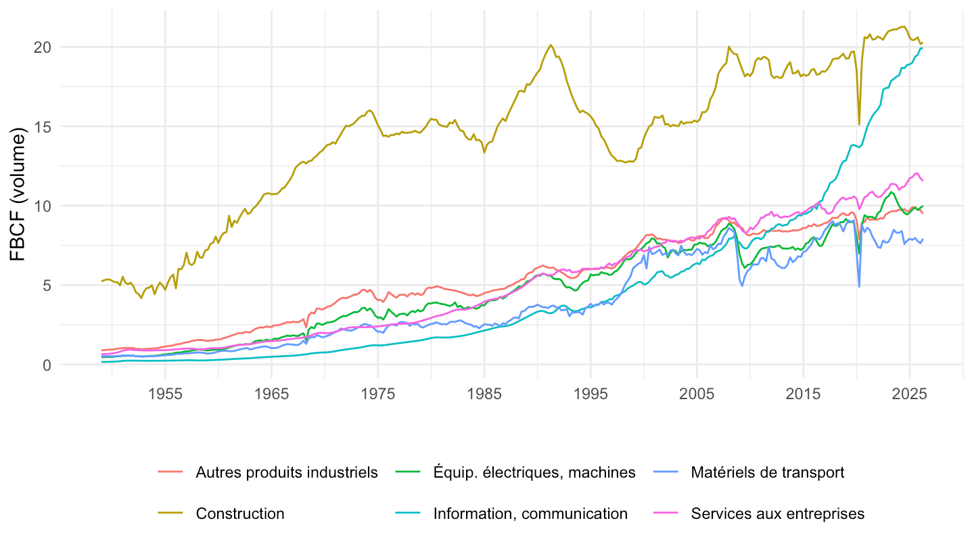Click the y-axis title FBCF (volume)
pyautogui.click(x=18, y=194)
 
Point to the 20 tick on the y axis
pyautogui.click(x=42, y=47)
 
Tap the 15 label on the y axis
pyautogui.click(x=43, y=127)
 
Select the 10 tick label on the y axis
pyautogui.click(x=42, y=206)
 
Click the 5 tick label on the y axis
pyautogui.click(x=47, y=286)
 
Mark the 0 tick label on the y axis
pyautogui.click(x=47, y=365)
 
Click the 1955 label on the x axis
pyautogui.click(x=165, y=394)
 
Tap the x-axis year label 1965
pyautogui.click(x=271, y=394)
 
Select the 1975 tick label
pyautogui.click(x=378, y=394)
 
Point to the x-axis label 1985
pyautogui.click(x=484, y=394)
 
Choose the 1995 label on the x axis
pyautogui.click(x=590, y=394)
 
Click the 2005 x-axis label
pyautogui.click(x=697, y=394)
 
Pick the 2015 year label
pyautogui.click(x=803, y=394)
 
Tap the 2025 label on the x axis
pyautogui.click(x=909, y=394)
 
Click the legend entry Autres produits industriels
pyautogui.click(x=287, y=472)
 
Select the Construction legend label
pyautogui.click(x=240, y=513)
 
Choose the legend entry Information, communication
pyautogui.click(x=530, y=513)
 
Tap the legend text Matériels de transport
pyautogui.click(x=768, y=472)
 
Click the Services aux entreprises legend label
pyautogui.click(x=777, y=513)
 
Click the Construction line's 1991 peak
pyautogui.click(x=551, y=45)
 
